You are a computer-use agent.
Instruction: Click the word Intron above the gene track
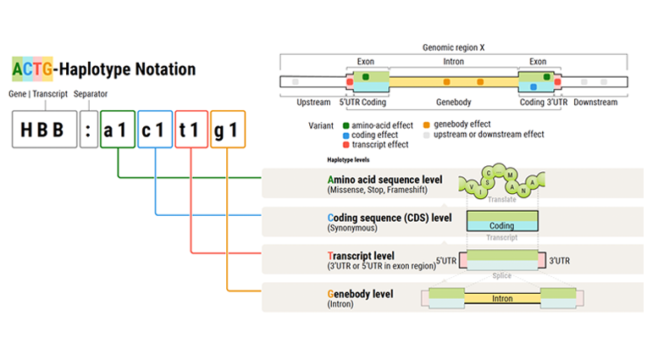click(453, 62)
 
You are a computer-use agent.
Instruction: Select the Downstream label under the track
click(595, 102)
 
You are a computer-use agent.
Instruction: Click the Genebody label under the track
click(453, 102)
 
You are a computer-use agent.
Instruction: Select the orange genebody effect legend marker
click(425, 125)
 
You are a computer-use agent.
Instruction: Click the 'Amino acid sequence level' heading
click(389, 180)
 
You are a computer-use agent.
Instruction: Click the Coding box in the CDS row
click(501, 226)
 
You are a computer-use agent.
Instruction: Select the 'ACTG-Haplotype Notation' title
click(103, 69)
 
